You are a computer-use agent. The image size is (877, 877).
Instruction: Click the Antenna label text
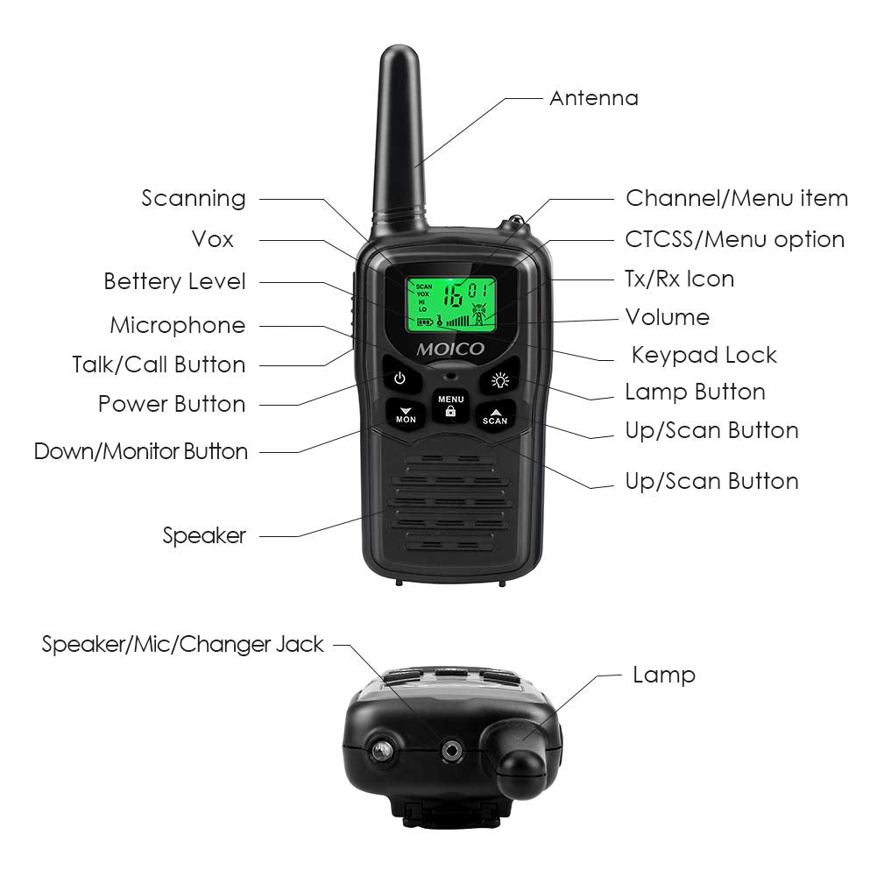593,97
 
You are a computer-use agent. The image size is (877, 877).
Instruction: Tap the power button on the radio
400,378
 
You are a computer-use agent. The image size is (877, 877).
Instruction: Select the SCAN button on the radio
495,415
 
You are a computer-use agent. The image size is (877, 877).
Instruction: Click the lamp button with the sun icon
500,380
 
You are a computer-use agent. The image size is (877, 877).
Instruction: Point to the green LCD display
450,303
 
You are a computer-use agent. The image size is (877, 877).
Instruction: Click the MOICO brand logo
449,349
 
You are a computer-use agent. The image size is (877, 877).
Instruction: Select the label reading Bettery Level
174,282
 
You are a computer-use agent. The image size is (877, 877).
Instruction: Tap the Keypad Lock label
704,355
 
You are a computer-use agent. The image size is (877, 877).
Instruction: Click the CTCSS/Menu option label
734,239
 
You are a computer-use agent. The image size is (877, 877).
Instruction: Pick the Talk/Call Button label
159,364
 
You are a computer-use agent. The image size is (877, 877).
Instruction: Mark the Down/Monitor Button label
141,452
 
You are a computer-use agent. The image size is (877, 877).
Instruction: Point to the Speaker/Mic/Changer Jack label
182,645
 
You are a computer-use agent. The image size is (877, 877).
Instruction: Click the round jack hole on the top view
453,750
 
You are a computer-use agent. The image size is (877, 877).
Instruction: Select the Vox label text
212,239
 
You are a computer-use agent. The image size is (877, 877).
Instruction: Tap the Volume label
667,317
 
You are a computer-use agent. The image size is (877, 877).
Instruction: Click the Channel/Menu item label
736,199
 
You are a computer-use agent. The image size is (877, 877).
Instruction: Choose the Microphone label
177,326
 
